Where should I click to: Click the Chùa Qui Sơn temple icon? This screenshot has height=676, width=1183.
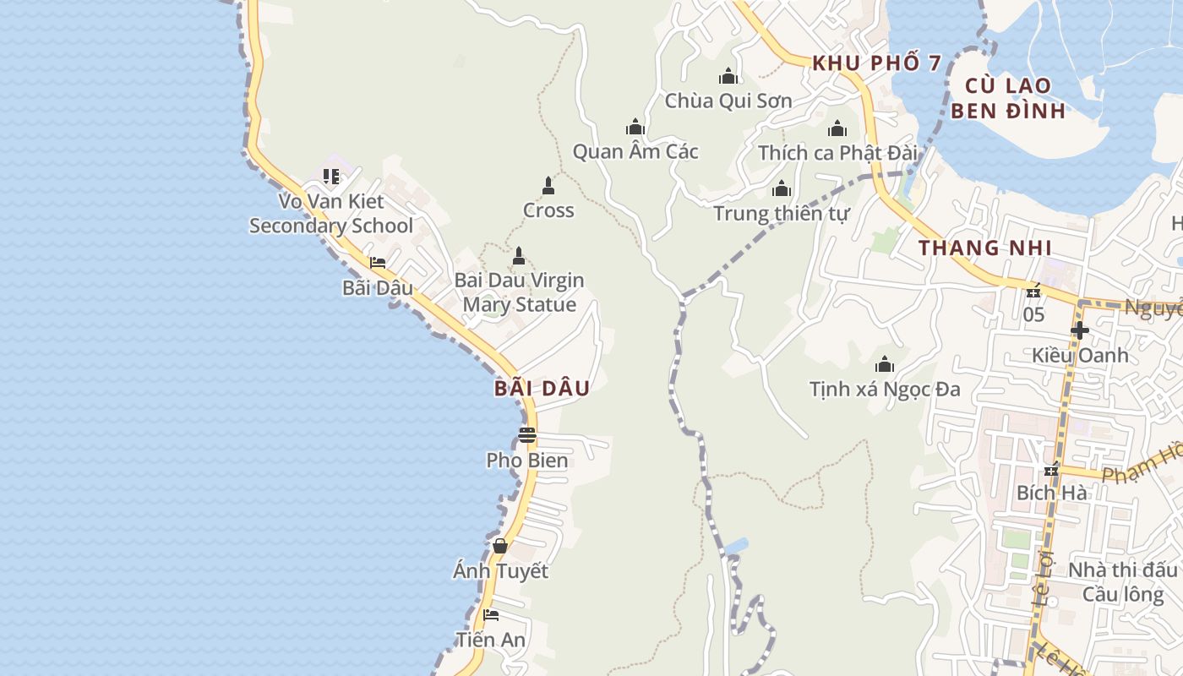click(728, 77)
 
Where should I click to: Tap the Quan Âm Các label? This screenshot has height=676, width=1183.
click(635, 152)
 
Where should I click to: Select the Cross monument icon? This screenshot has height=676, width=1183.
click(548, 186)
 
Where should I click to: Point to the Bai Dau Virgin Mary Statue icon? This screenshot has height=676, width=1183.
click(519, 255)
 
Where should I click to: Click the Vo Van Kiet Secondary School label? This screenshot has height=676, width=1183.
click(331, 214)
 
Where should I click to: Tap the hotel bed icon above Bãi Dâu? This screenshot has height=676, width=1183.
click(378, 263)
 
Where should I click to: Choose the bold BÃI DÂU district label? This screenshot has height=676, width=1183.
click(542, 389)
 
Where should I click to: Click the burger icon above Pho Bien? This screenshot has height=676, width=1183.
click(527, 435)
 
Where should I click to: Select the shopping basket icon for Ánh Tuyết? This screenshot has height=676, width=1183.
click(500, 546)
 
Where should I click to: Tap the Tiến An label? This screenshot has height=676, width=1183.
click(490, 640)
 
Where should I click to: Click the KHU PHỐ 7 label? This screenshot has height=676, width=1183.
click(876, 63)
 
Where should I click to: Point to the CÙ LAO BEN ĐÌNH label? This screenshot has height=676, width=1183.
click(1008, 98)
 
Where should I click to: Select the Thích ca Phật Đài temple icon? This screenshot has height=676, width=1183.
click(837, 128)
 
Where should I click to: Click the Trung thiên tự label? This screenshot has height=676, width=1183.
click(781, 214)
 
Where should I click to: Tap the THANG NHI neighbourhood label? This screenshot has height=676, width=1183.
click(985, 248)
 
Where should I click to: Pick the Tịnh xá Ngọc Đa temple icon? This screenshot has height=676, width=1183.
click(885, 365)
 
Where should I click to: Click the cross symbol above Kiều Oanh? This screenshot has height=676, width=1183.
click(1079, 330)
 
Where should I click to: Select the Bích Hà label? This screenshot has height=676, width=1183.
click(1051, 493)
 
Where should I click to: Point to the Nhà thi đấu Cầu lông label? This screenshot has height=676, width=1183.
click(1122, 582)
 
